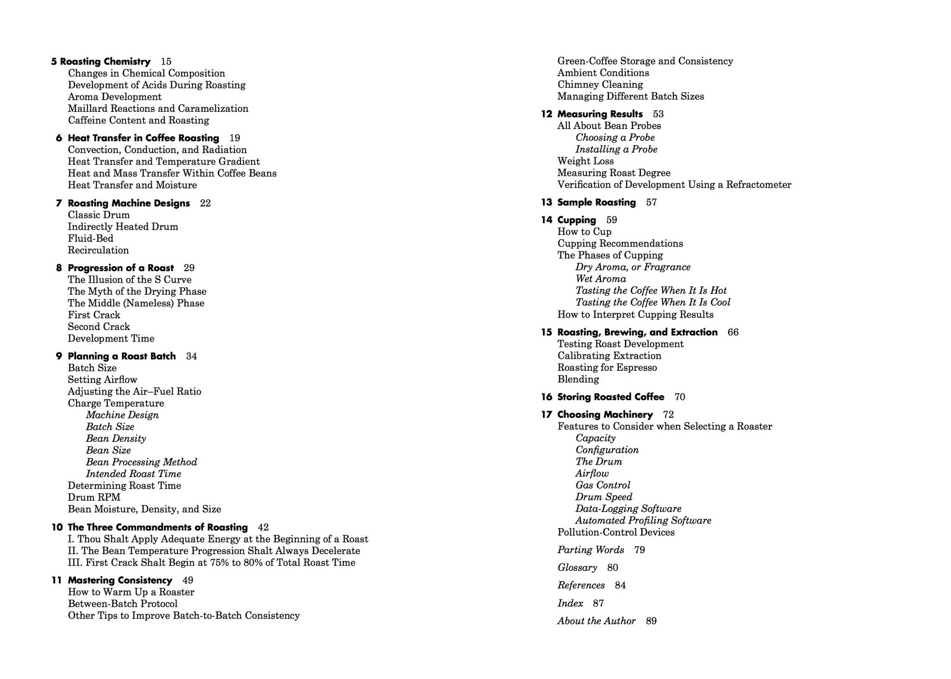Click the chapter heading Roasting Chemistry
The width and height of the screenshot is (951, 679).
(x=105, y=62)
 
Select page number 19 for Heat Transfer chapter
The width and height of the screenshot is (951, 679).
(x=234, y=138)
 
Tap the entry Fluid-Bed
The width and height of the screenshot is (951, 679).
(x=91, y=239)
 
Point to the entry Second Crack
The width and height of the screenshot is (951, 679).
(x=99, y=327)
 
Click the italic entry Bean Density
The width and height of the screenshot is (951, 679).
(x=116, y=439)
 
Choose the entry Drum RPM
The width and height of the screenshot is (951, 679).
(x=94, y=498)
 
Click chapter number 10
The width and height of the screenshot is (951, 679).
(x=57, y=527)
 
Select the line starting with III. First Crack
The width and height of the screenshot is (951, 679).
(x=211, y=563)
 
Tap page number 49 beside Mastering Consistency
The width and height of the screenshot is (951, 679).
(x=188, y=580)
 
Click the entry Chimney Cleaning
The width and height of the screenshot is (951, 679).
(x=600, y=84)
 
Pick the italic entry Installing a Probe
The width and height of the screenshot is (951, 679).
(x=616, y=149)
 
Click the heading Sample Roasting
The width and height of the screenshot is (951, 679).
(x=596, y=202)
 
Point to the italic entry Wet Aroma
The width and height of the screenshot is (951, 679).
(x=601, y=279)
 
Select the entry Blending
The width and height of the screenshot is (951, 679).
(x=578, y=379)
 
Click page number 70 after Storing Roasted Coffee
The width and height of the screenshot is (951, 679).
(x=679, y=397)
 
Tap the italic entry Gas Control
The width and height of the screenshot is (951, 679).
(x=603, y=485)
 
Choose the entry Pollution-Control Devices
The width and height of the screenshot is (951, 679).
(x=616, y=532)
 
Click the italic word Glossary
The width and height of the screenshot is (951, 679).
(x=577, y=568)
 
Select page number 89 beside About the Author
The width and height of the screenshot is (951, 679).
(x=651, y=621)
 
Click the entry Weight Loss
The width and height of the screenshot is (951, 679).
(x=586, y=161)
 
